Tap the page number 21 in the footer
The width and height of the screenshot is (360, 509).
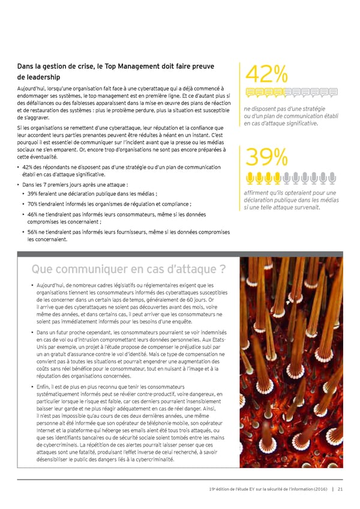point(340,489)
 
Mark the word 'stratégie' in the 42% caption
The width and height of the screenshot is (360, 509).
point(312,109)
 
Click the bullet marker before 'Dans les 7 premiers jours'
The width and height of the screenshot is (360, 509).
point(20,184)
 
